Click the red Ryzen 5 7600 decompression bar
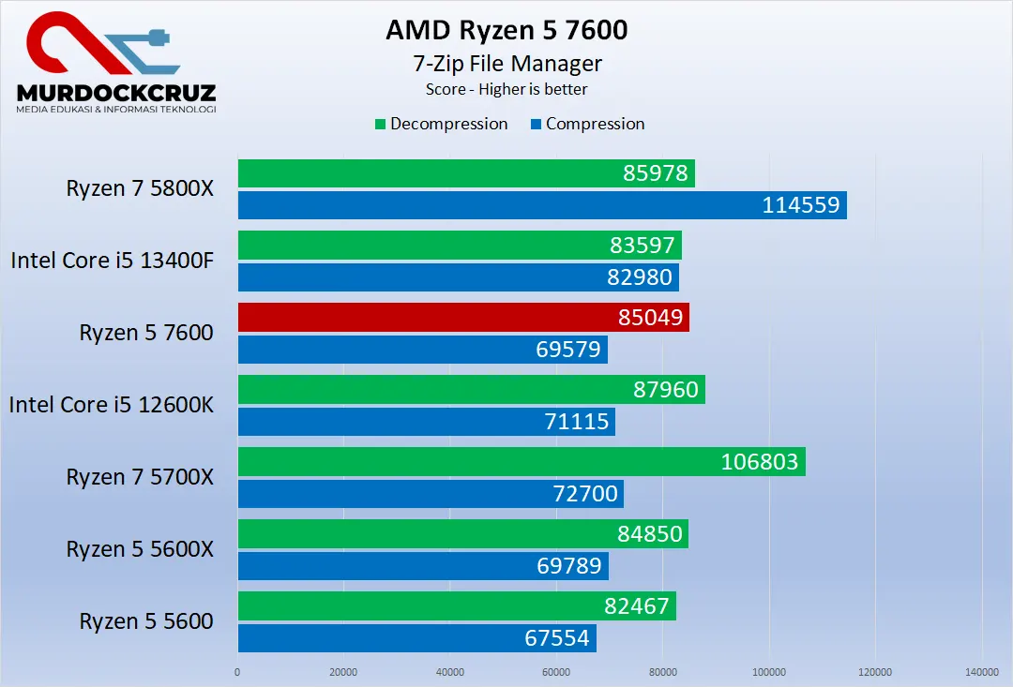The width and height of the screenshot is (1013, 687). click(x=463, y=318)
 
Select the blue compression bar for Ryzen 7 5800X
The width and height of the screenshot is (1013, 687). click(x=542, y=205)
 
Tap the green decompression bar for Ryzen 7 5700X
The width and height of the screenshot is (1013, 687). click(x=522, y=461)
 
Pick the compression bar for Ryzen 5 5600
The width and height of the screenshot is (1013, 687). click(x=417, y=638)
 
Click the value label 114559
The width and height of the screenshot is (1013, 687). click(x=800, y=205)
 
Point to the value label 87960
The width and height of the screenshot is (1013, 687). click(x=666, y=390)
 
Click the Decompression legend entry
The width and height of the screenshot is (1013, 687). click(x=442, y=124)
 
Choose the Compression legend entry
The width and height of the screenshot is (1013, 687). click(x=588, y=124)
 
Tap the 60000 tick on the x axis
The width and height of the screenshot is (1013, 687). click(x=556, y=672)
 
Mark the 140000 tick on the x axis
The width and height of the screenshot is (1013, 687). click(x=981, y=672)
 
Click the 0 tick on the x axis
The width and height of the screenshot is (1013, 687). click(x=237, y=672)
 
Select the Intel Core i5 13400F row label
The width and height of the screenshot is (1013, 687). click(x=113, y=261)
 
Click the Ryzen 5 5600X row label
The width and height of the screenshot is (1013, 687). click(x=140, y=549)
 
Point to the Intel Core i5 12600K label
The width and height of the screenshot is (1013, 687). click(x=112, y=405)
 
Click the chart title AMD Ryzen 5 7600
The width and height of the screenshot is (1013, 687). click(x=506, y=30)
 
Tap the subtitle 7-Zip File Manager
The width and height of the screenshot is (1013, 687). click(x=506, y=64)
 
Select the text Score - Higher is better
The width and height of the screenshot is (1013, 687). click(x=506, y=89)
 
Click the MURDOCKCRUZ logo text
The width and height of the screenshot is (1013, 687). click(x=116, y=93)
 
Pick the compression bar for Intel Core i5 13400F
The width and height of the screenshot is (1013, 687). click(x=458, y=277)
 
